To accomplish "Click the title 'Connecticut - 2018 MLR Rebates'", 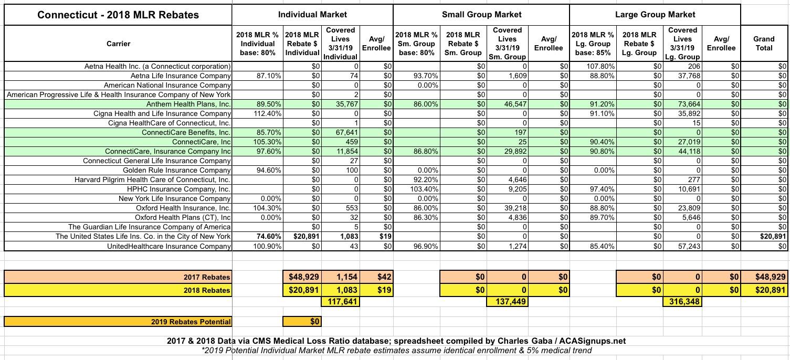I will [x=118, y=15].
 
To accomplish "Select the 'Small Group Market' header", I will [x=481, y=15].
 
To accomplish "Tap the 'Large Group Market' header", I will [x=655, y=15].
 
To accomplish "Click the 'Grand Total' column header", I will [x=764, y=43].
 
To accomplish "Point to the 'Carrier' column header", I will [x=118, y=44].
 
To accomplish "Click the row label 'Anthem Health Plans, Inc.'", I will [x=188, y=104].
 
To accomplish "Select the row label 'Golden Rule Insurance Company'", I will [x=177, y=170].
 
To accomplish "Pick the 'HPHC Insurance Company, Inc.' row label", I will [x=178, y=189].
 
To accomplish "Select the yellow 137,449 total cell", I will [x=507, y=302].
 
